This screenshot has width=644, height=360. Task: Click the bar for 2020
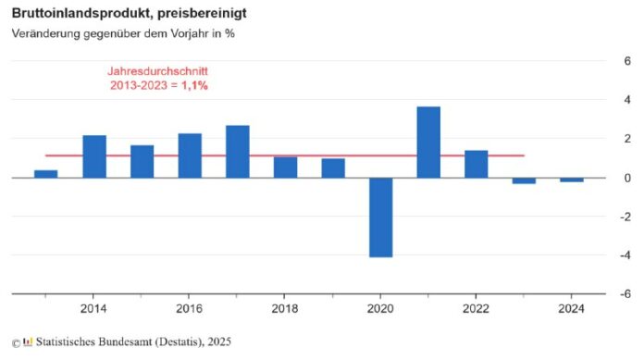point(380,217)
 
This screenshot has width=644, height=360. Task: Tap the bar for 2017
point(238,151)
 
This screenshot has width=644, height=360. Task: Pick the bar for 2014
point(94,156)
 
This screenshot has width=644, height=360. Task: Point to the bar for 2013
point(46,173)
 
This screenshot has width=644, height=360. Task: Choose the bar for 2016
point(190,155)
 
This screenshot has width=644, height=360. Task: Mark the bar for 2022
point(476,163)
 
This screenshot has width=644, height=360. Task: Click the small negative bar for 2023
point(524,180)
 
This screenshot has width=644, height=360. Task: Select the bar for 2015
point(142,161)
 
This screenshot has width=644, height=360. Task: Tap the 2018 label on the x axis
point(285,309)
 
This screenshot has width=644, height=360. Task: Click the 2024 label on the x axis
point(571,309)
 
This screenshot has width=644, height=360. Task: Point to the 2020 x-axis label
point(380,309)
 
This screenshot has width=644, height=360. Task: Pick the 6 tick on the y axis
point(626,61)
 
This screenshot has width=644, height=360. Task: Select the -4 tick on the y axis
point(625,255)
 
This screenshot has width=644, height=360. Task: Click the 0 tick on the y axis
point(626,178)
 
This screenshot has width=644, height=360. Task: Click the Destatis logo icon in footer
point(29,342)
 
